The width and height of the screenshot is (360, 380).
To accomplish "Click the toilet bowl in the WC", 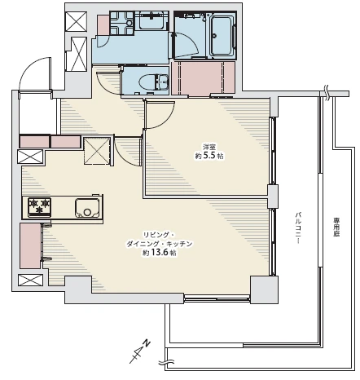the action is tap(148, 82).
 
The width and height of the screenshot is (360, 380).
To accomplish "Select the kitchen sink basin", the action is tap(87, 208).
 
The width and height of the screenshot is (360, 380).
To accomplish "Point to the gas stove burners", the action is tap(40, 207).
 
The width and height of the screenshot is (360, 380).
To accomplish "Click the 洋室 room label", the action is tap(209, 148).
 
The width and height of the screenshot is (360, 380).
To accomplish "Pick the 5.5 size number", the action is tap(209, 156).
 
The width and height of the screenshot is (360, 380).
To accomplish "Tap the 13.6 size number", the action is tap(160, 253).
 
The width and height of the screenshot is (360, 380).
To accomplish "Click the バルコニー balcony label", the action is tap(298, 228).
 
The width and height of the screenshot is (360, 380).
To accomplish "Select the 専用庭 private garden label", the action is tap(336, 227).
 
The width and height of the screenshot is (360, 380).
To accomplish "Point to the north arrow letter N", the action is tap(147, 342).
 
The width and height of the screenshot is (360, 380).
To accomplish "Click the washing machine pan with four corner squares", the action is tap(122, 23).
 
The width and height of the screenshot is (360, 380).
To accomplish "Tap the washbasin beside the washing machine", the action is tap(151, 20).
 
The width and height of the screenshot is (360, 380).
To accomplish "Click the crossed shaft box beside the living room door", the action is tap(97, 151).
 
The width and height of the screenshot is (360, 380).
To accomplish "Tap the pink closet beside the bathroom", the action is tap(204, 78).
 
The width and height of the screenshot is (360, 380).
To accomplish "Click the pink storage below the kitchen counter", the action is tap(30, 245).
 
